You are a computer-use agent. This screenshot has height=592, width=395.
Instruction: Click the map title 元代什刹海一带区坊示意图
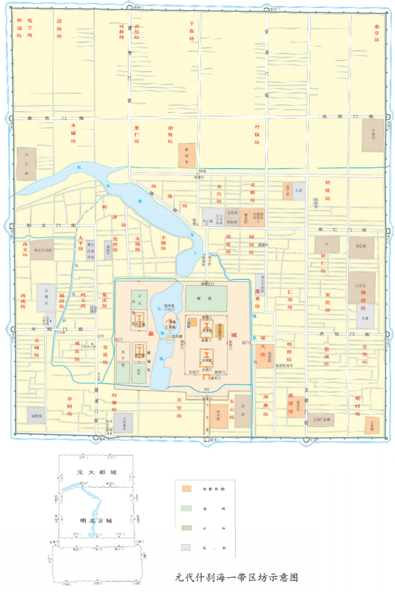coord(237,578)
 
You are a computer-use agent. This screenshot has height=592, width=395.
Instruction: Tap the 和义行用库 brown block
coord(43,252)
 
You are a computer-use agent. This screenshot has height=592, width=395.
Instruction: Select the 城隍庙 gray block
coord(38,416)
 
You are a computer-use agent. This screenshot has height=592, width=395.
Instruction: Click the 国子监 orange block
coord(287,191)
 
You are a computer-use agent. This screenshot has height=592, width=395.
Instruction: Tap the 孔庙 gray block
coord(299,191)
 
